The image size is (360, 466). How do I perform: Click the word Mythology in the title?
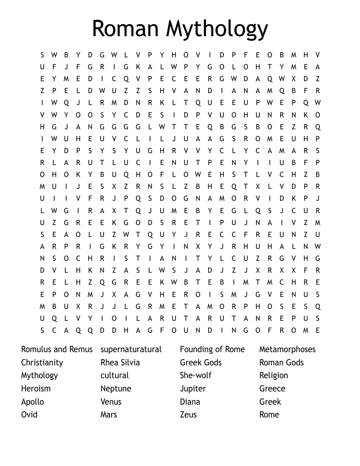click(x=217, y=29)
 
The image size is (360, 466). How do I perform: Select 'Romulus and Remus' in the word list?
click(x=57, y=349)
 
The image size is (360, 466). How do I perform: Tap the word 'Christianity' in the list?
click(x=42, y=363)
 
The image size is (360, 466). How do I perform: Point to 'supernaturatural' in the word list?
click(x=131, y=349)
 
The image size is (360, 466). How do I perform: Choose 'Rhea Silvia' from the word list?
click(x=120, y=363)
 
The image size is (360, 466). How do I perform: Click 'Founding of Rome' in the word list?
click(x=212, y=349)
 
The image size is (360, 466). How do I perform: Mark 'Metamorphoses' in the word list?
click(x=287, y=349)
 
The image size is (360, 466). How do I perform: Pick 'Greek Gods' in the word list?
click(x=201, y=363)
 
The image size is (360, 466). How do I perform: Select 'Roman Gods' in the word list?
click(x=281, y=363)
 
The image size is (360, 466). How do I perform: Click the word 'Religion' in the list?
click(x=274, y=376)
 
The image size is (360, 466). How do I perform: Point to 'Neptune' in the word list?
click(x=116, y=389)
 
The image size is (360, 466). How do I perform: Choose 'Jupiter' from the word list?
click(x=193, y=389)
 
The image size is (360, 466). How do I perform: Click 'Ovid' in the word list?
click(x=29, y=415)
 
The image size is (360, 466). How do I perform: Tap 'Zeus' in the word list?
click(x=188, y=415)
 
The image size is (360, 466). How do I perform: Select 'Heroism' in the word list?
click(x=36, y=389)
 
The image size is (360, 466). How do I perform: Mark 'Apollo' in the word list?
click(x=33, y=402)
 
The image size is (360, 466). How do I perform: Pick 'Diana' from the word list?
click(x=190, y=402)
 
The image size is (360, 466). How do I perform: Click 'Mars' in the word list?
click(x=109, y=415)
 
